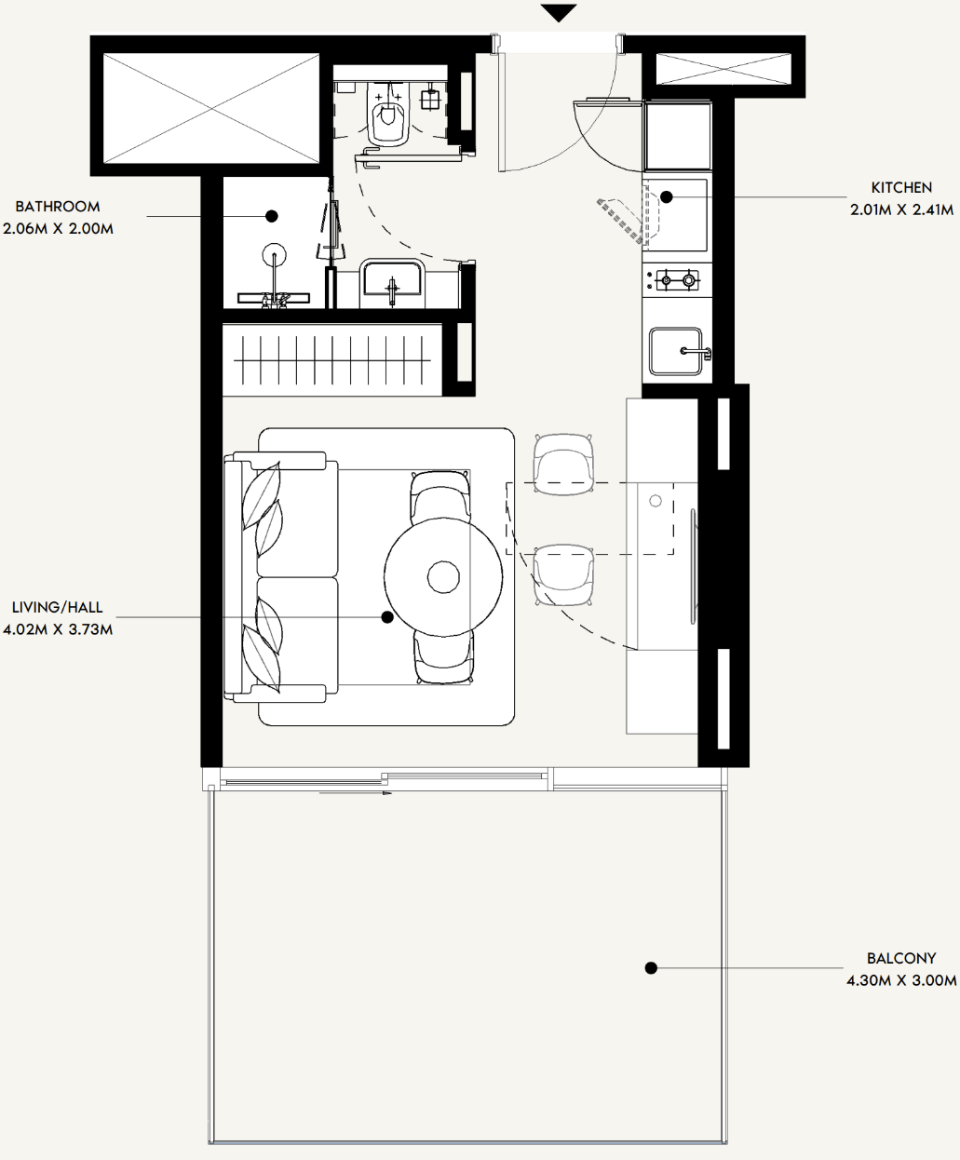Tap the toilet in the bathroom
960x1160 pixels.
(x=389, y=113)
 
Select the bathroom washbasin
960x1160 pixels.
(x=392, y=279)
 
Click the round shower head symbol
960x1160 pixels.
(x=275, y=257)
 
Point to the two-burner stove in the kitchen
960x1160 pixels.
(x=676, y=280)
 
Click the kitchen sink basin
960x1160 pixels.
(x=676, y=351)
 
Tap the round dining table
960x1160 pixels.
(x=443, y=576)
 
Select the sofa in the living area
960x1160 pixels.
(x=281, y=577)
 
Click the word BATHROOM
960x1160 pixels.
(x=58, y=207)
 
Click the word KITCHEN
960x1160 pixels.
(x=901, y=188)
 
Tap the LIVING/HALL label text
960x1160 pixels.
(x=57, y=607)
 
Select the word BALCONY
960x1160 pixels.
(x=901, y=958)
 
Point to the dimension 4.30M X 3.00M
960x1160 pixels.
(x=901, y=980)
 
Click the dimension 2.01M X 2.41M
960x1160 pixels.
(x=901, y=210)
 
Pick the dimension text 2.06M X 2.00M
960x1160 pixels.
(x=58, y=228)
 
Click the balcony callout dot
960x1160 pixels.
(x=651, y=968)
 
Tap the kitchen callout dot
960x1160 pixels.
(x=666, y=196)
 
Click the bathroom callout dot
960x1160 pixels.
(x=271, y=216)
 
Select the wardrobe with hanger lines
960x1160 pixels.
(x=332, y=360)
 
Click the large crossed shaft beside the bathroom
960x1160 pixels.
(x=210, y=108)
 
